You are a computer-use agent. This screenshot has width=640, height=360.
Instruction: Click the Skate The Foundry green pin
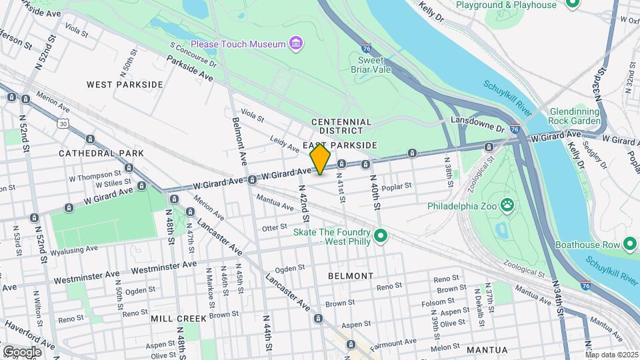click(x=381, y=236)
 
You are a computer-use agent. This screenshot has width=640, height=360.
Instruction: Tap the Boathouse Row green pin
click(x=629, y=244)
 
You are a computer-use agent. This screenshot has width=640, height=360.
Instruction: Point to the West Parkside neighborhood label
click(x=125, y=85)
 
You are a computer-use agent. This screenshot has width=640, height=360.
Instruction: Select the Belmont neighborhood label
click(x=351, y=275)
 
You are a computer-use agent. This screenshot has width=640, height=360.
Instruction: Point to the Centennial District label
click(x=341, y=126)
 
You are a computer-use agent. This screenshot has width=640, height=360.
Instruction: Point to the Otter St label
click(x=274, y=228)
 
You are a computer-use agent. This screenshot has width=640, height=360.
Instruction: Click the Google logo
click(x=22, y=351)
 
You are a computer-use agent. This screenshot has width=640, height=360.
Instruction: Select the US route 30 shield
click(x=63, y=123)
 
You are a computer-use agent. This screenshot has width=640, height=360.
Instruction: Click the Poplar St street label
click(x=399, y=187)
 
